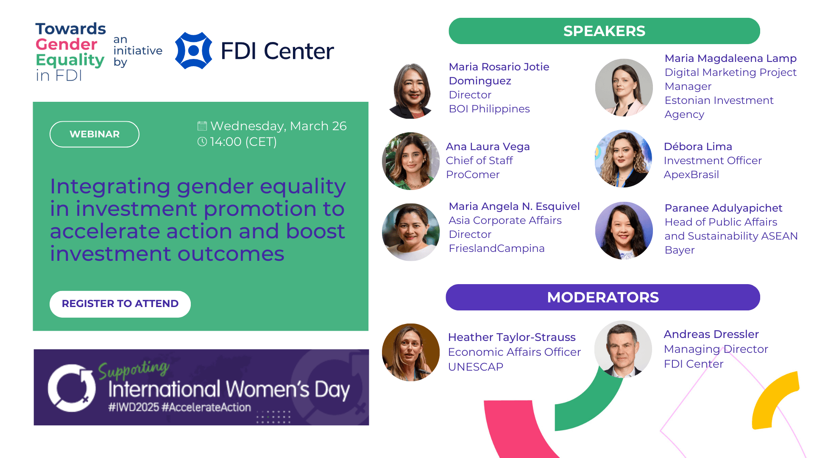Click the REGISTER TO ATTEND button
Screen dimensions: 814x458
pos(120,304)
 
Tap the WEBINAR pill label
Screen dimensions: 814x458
pos(95,134)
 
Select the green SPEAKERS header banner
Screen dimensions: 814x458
pos(604,31)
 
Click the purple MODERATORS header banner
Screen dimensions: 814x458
pos(603,297)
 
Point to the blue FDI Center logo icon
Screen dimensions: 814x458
pos(194,50)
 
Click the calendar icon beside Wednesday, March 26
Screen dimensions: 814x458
pos(202,126)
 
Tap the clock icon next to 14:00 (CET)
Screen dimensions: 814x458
pos(202,142)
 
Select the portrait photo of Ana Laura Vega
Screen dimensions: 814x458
pos(411,161)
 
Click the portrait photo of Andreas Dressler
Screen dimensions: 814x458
pos(623,349)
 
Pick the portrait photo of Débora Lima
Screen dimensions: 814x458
pos(624,159)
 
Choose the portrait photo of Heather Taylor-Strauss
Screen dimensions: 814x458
pos(411,352)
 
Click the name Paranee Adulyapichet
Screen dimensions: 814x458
pos(723,208)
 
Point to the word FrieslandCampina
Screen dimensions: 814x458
pos(496,249)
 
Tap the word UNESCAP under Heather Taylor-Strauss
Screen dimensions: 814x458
pos(476,367)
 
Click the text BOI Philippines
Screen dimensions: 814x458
pos(489,109)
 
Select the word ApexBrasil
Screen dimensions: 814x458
pos(691,175)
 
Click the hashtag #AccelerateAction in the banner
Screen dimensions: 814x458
pos(206,408)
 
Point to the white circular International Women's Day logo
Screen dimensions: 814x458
pos(72,388)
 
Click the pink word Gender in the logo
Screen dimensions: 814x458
pos(66,45)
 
